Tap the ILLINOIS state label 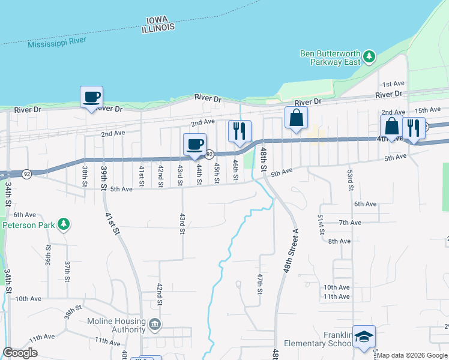tap(158, 28)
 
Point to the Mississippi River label tap(57, 42)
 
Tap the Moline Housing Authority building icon tap(155, 325)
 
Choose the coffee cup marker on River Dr tap(91, 97)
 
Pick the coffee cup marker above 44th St tap(195, 144)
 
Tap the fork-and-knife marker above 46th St tap(240, 130)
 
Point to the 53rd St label tap(350, 180)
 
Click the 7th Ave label tap(349, 223)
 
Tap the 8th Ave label tap(339, 241)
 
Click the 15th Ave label tap(427, 110)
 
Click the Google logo tap(20, 353)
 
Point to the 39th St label tap(104, 178)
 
